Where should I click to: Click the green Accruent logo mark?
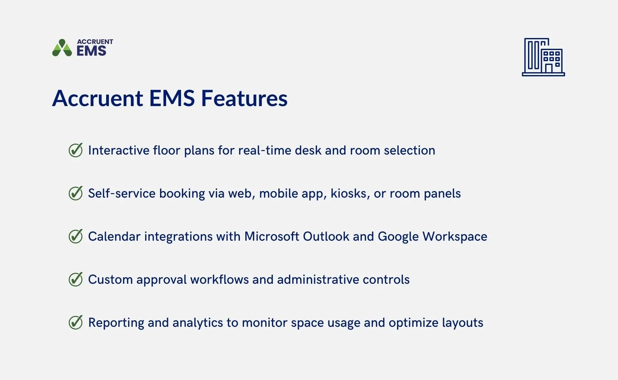62,48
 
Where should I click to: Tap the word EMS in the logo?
91,51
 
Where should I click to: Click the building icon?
543,57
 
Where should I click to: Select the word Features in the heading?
244,98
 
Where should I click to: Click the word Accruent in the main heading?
98,98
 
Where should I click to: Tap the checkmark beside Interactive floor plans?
76,150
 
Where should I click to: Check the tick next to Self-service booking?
76,193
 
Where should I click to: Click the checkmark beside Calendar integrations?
76,236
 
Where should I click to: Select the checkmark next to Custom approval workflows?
76,279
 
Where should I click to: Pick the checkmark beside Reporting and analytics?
76,322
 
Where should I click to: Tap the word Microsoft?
272,237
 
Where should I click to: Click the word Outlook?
326,237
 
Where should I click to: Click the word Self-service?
122,193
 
